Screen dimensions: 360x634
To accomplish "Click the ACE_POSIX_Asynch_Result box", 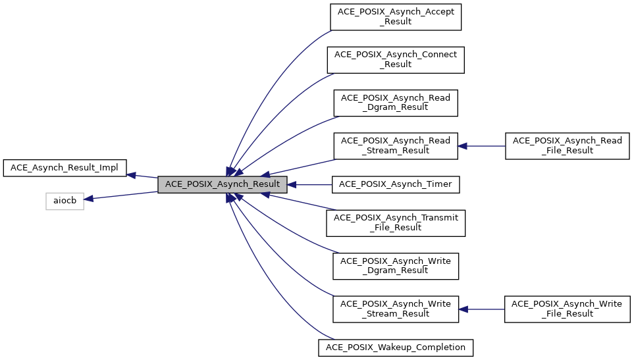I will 222,184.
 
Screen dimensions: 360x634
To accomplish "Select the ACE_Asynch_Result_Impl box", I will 65,168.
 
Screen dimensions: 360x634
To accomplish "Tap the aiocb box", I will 65,201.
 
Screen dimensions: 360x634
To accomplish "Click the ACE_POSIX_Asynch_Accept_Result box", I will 396,16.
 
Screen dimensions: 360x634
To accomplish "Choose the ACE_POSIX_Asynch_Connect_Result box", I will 396,59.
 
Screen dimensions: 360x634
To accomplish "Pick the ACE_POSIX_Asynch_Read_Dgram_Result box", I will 396,102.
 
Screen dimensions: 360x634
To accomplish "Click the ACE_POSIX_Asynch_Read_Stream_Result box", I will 396,145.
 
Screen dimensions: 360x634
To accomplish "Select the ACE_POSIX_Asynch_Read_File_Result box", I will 567,145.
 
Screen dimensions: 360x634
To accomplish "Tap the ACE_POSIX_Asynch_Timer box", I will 396,184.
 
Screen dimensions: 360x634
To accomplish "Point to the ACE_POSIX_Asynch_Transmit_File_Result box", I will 396,223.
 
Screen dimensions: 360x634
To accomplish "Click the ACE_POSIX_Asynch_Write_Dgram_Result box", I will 396,266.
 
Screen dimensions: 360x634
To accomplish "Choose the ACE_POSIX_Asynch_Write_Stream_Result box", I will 396,309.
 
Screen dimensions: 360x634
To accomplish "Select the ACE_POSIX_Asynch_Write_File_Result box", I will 567,309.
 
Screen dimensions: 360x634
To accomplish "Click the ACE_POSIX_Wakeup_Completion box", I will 396,347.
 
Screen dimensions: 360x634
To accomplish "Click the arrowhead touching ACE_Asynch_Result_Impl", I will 132,175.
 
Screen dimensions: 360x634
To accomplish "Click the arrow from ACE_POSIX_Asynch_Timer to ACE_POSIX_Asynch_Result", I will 309,184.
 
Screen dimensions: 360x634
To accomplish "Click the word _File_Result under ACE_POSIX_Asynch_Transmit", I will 396,228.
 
